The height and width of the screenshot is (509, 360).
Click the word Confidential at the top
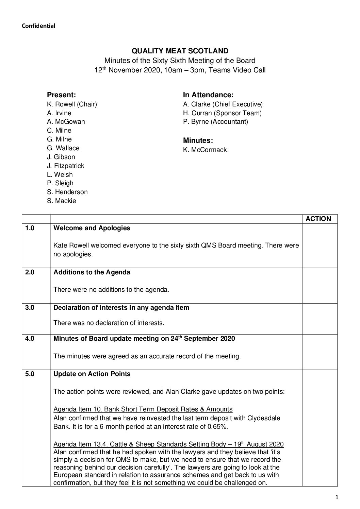(x=38, y=26)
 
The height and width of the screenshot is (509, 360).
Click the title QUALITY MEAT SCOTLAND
(x=180, y=51)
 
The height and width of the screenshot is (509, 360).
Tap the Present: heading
(x=61, y=95)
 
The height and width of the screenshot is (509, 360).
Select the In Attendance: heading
(x=208, y=95)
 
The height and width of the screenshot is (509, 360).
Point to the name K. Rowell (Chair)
(x=72, y=104)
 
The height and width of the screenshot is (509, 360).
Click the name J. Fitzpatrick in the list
(x=65, y=166)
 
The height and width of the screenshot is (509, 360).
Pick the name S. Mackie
(x=62, y=201)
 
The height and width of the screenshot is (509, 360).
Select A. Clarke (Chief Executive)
(x=223, y=104)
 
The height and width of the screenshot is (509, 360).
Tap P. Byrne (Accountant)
(x=215, y=122)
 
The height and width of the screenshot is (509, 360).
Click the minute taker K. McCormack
(x=205, y=150)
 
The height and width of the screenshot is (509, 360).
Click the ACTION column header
(x=318, y=219)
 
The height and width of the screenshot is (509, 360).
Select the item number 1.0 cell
(x=30, y=228)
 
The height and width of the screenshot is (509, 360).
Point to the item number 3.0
(x=30, y=308)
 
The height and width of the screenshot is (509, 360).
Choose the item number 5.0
(x=30, y=374)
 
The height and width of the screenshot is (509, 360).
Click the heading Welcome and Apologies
(x=92, y=228)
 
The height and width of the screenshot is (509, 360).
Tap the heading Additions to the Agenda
(x=92, y=272)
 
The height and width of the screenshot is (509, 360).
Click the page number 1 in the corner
(x=337, y=498)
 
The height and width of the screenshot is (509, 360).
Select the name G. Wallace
(x=63, y=148)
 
